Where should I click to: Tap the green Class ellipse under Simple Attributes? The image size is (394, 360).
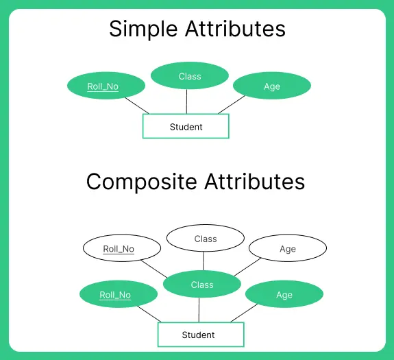(x=189, y=75)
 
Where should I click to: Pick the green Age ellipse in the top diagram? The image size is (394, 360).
(x=272, y=86)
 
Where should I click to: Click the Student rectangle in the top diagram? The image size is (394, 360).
(x=186, y=127)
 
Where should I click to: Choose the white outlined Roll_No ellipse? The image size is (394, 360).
(x=119, y=249)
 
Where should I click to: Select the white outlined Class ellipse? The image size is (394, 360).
(x=206, y=239)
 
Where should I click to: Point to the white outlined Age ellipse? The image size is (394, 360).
(x=288, y=249)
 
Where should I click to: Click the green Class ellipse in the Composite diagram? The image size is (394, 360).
(x=202, y=285)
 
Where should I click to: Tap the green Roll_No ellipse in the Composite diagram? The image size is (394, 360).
(x=115, y=295)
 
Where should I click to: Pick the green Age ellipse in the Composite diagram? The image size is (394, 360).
(x=284, y=295)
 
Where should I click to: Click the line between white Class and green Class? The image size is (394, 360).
(x=204, y=261)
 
